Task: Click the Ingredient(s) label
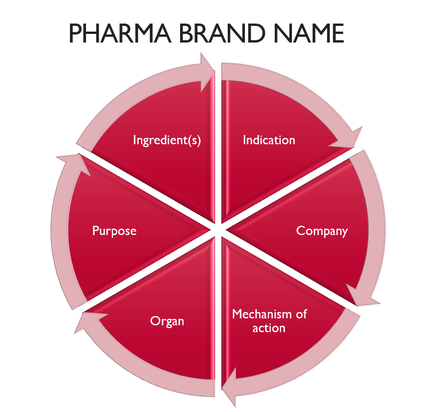pos(167,140)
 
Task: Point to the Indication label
pos(269,140)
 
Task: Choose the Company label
pos(322,231)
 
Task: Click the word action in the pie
pos(269,328)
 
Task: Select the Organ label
pos(167,321)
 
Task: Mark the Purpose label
pos(115,231)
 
